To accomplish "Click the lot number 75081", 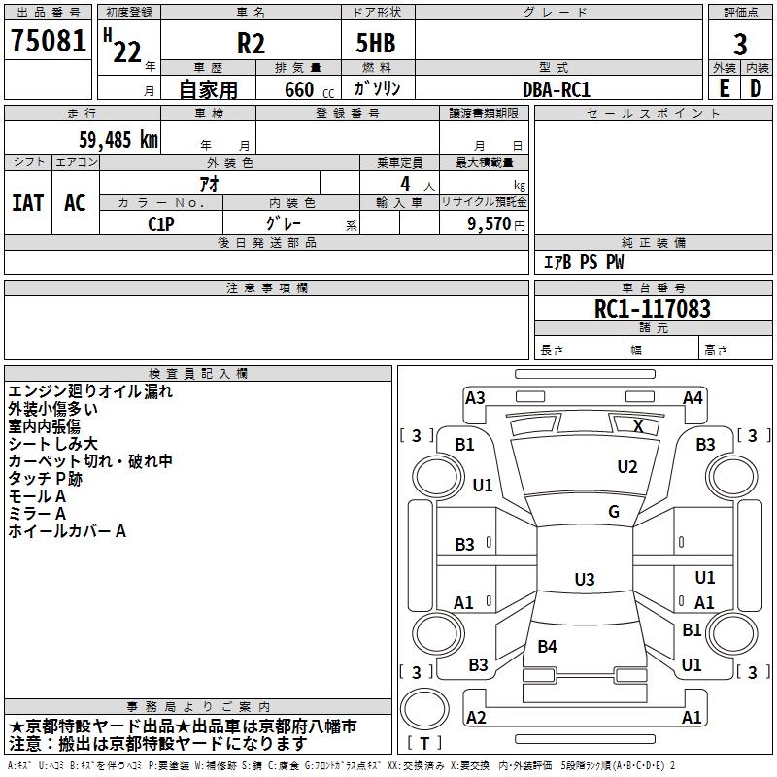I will coord(48,42).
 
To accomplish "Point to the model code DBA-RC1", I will coord(557,88).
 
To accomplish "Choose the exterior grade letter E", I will coord(724,88).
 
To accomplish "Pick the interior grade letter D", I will coord(757,88).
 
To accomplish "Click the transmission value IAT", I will coord(27,203).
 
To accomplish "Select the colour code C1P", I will coord(161,222).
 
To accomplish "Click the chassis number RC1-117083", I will coord(653,310).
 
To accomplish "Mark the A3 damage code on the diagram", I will coord(475,397).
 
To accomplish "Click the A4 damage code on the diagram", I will coord(693,397).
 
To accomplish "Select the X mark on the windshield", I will coord(638,425).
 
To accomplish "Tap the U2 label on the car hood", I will coord(627,467).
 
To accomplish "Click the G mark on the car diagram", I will coord(614,512).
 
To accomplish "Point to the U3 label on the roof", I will coord(584,580).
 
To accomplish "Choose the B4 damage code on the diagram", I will coord(548,646).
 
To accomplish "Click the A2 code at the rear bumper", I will coord(476,717).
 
